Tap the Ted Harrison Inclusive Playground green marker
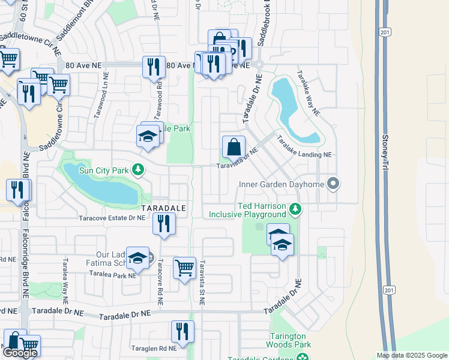click(x=294, y=209)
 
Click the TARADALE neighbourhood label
click(x=164, y=207)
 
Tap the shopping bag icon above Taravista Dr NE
click(x=234, y=147)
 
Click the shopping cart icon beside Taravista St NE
click(x=184, y=268)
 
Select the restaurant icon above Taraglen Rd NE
click(x=182, y=331)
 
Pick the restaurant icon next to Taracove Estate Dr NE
click(x=164, y=223)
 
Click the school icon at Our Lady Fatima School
click(x=138, y=259)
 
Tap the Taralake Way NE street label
click(x=307, y=94)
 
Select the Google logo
click(x=20, y=353)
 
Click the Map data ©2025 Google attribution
click(x=411, y=355)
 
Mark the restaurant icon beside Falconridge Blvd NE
click(x=18, y=190)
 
